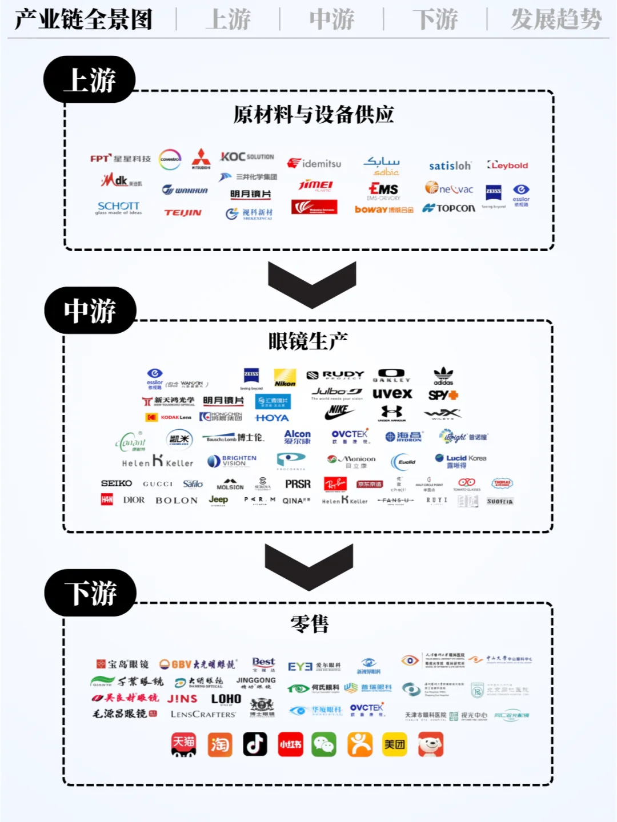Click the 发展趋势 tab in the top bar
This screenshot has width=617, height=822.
click(556, 19)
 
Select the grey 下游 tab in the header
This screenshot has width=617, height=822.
click(435, 19)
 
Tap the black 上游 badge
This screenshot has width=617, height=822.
click(90, 80)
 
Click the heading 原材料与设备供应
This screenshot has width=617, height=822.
click(313, 115)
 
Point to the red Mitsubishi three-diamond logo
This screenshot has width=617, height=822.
click(201, 158)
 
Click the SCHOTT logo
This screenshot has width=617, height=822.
click(119, 207)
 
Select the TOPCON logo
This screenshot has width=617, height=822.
click(449, 208)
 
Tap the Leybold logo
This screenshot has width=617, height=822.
click(507, 166)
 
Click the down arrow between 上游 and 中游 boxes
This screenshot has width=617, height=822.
click(312, 283)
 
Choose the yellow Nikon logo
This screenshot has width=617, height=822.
click(285, 377)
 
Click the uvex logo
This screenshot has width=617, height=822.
click(392, 394)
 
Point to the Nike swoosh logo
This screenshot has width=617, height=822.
click(339, 411)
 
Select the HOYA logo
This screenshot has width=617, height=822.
click(272, 418)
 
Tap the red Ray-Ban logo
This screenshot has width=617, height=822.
click(335, 484)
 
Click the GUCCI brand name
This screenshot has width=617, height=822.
click(157, 484)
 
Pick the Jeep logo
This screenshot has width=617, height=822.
click(218, 499)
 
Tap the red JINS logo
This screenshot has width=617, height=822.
click(182, 699)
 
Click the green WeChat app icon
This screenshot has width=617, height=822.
click(324, 744)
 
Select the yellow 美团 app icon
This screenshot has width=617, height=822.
click(394, 744)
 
